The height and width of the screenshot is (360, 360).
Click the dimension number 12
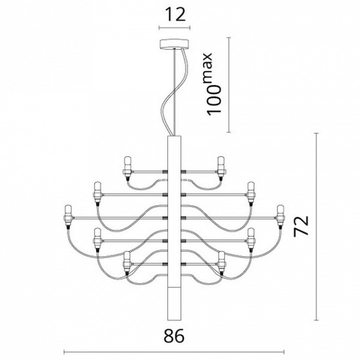pos(174,14)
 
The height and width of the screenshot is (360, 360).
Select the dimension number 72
pos(301,226)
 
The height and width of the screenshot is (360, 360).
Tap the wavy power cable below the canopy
pos(164,99)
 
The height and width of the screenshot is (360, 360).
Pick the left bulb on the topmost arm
pos(127,166)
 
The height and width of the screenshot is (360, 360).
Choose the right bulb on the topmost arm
pos(221,166)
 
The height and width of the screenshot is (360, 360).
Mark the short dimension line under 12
pos(174,28)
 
